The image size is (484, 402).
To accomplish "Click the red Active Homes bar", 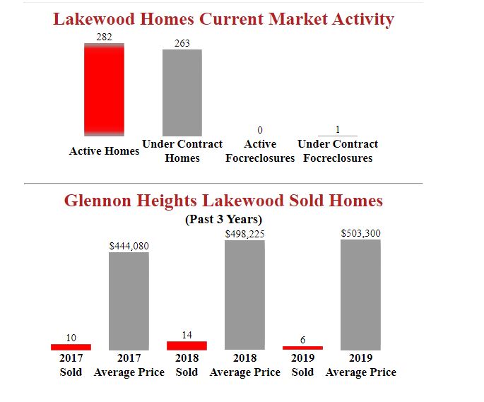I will point(104,90).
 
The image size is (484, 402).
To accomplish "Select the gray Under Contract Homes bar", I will point(182,93).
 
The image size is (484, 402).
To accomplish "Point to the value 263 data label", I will point(182,44).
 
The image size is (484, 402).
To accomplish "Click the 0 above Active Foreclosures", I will point(260,131).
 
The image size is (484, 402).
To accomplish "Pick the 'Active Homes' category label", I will point(104,151).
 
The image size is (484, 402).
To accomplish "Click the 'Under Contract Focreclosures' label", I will point(338,151).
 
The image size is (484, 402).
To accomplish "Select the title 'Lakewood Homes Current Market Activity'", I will point(223,19).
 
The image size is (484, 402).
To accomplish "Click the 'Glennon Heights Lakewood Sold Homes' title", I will point(223,201).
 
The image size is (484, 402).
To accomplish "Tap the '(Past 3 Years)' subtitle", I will point(223,219).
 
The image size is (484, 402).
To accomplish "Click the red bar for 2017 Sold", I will point(71,347).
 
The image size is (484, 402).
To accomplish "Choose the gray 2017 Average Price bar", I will point(129,301).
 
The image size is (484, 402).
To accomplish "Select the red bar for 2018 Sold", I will point(187,345).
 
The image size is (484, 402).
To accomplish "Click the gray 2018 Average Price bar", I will point(244,295).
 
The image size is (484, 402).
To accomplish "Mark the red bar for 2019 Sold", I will point(302,348).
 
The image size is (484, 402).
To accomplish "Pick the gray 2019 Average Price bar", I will point(360,295).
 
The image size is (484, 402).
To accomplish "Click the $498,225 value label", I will point(244,233).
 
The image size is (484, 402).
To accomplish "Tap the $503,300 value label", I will point(360,233).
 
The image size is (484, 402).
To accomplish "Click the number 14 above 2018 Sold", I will point(187,334).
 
